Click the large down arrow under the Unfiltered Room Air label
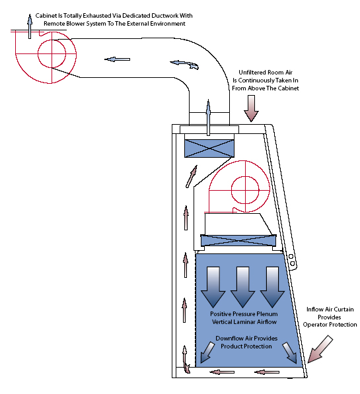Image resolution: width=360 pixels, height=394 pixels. click(x=251, y=108)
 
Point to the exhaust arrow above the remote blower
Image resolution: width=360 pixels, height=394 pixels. click(x=30, y=26)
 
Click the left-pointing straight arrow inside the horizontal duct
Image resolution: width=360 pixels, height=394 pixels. click(x=117, y=59)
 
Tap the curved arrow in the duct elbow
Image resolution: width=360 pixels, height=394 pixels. click(x=184, y=64)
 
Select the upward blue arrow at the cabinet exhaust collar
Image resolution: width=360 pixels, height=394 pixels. click(x=208, y=117)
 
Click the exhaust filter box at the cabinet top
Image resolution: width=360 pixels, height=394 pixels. click(x=209, y=148)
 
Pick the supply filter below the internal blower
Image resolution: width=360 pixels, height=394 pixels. click(x=238, y=241)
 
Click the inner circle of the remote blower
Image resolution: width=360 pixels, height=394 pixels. click(x=52, y=53)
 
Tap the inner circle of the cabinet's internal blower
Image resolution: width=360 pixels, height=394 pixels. click(x=245, y=189)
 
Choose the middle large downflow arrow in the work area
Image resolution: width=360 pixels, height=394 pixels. click(x=242, y=287)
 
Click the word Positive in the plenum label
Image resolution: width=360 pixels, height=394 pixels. click(x=221, y=314)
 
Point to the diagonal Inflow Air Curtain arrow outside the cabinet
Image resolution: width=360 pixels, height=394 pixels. click(x=320, y=348)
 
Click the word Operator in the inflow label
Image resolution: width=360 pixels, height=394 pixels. click(x=314, y=325)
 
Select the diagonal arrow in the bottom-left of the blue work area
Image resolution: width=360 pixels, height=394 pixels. click(x=207, y=352)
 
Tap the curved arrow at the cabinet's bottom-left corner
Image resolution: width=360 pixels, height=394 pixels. click(x=186, y=359)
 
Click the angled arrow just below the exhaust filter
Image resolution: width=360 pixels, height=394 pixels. click(x=192, y=176)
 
